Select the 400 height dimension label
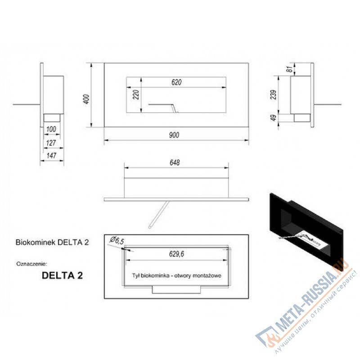86,98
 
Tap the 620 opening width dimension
177,82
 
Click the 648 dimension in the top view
176,162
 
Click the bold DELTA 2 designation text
62,275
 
